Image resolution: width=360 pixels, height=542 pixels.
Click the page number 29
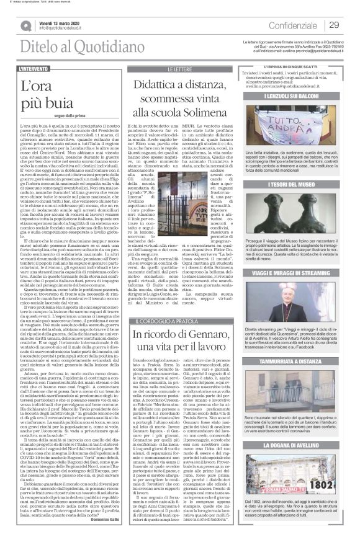point(334,25)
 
